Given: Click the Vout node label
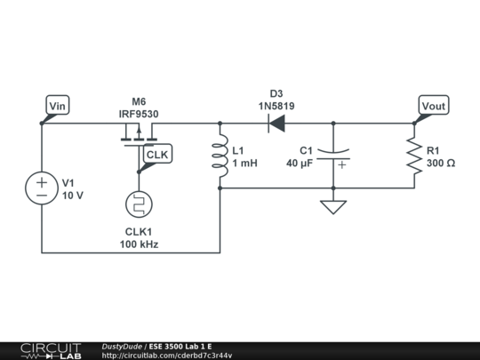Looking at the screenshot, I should coord(433,106).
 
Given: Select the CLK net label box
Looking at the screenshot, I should coord(157,155).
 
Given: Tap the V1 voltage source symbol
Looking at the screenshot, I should coord(42,188).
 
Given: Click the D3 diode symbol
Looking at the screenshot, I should coord(276,124).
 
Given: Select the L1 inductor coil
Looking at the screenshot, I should coord(220,156).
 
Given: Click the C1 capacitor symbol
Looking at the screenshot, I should coord(333,156).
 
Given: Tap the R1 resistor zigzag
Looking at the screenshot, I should coord(413,156).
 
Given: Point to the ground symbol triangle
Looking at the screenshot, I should coord(333,207).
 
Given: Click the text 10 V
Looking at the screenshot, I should coord(72,196).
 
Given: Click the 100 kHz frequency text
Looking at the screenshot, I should coord(139,244).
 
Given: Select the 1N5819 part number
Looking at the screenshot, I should coord(276,106).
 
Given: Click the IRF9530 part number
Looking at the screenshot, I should coord(139,115).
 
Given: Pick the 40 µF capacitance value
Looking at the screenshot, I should coord(300,164).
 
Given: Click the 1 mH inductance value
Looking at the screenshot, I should coord(244,164).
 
